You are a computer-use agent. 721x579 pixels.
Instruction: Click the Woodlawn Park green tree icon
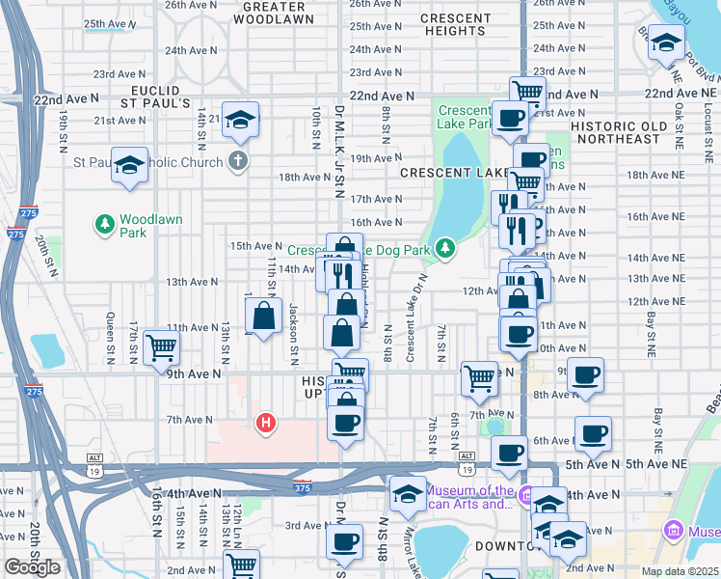click(105, 225)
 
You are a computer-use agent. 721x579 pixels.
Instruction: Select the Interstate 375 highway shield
click(304, 487)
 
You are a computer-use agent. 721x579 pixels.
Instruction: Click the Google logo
click(33, 567)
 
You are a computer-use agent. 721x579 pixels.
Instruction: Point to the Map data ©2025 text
click(681, 571)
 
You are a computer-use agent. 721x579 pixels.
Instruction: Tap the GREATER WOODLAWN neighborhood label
click(274, 12)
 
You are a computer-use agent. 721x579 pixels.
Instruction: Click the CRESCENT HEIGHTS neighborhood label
click(455, 24)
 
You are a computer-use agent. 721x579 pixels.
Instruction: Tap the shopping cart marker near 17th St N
click(161, 347)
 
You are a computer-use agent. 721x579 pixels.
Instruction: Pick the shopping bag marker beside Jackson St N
click(263, 315)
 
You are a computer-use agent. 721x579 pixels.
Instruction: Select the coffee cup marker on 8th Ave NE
click(585, 374)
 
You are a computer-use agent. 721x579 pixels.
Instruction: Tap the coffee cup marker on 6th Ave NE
click(593, 433)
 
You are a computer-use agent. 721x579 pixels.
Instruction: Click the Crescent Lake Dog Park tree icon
click(444, 249)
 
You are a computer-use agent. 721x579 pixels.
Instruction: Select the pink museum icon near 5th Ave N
click(524, 497)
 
